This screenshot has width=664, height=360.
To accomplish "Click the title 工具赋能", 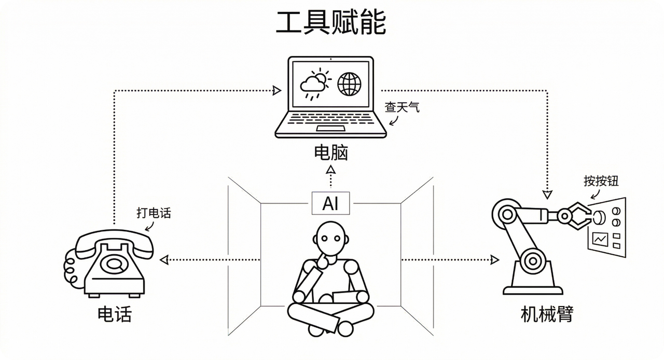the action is click(331, 23).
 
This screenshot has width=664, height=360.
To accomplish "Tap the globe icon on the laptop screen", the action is click(349, 84).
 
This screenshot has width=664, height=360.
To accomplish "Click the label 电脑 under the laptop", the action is click(331, 153).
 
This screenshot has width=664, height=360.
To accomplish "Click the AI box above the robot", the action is click(330, 203).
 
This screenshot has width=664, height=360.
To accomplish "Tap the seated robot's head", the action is click(330, 238).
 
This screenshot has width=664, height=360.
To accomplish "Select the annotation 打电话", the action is click(154, 213).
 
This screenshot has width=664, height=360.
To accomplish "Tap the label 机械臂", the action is click(547, 314).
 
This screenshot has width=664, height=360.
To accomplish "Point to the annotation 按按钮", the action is click(601, 181).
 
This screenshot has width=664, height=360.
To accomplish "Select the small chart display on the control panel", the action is click(601, 239).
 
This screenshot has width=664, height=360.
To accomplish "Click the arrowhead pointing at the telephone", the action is click(164, 258).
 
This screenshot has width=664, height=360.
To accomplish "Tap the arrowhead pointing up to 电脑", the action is click(330, 170).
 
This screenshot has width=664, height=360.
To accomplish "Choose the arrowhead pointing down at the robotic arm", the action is click(547, 195).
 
